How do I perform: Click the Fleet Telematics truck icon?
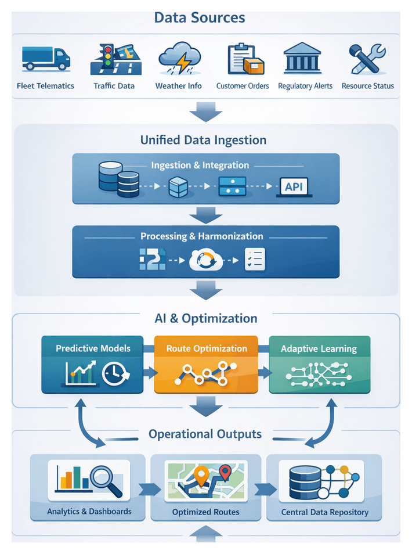pyautogui.click(x=45, y=58)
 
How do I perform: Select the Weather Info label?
pyautogui.click(x=178, y=86)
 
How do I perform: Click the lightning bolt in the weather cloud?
pyautogui.click(x=182, y=62)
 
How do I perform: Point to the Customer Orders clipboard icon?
pyautogui.click(x=242, y=59)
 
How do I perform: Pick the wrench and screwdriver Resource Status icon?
pyautogui.click(x=367, y=58)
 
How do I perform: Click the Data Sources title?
pyautogui.click(x=199, y=17)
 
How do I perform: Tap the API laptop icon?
pyautogui.click(x=294, y=186)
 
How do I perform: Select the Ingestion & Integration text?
pyautogui.click(x=200, y=166)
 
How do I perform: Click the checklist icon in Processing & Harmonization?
pyautogui.click(x=255, y=258)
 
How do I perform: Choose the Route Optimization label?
pyautogui.click(x=207, y=349)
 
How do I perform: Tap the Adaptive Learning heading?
pyautogui.click(x=319, y=349)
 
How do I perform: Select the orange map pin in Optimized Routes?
pyautogui.click(x=201, y=476)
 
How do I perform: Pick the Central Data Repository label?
pyautogui.click(x=324, y=512)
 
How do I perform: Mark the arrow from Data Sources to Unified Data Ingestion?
pyautogui.click(x=205, y=111)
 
